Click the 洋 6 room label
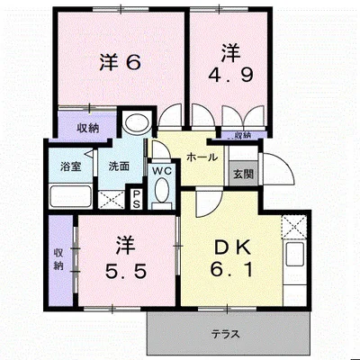point(120,62)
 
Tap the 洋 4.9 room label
point(231,64)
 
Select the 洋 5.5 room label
point(126,257)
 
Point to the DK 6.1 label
point(231,258)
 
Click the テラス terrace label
point(226,334)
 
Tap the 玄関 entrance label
point(244,174)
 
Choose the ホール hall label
point(202,157)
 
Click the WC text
point(162,171)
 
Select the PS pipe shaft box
point(136,199)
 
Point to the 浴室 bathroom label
point(71,166)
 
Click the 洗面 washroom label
point(119,166)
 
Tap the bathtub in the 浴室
point(71,196)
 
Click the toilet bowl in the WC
point(162,190)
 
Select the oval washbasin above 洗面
point(138,123)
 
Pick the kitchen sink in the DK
point(295,255)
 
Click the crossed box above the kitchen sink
point(294,227)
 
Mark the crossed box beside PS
point(112,200)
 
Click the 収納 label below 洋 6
point(88,129)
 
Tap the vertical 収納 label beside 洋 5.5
point(58,259)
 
